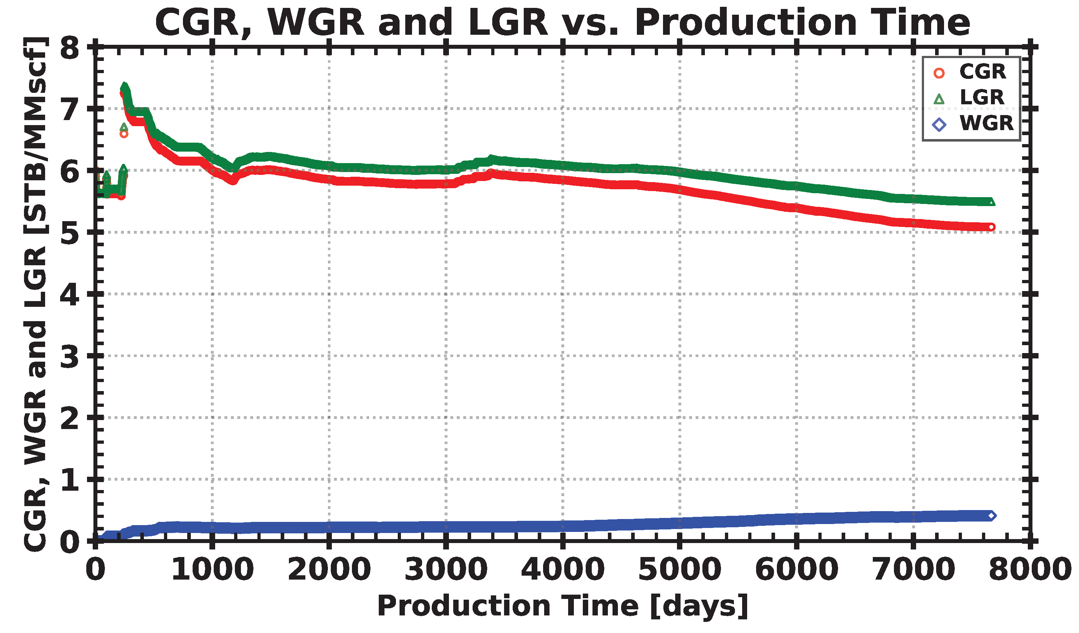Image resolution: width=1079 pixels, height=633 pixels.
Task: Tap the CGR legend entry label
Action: tap(983, 72)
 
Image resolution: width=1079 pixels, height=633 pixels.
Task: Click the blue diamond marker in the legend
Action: tap(939, 125)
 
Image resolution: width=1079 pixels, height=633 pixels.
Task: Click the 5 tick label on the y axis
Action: tap(70, 233)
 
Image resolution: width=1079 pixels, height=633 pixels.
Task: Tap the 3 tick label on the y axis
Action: tap(70, 357)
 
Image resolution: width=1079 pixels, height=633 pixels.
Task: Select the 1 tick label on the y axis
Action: tap(70, 480)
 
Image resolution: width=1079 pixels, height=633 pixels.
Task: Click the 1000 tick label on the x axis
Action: tap(213, 570)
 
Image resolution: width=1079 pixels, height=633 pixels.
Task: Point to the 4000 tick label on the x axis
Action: tap(563, 570)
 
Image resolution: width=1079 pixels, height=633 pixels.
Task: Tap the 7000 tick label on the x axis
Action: tap(913, 570)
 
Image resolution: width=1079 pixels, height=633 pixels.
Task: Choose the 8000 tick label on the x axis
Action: tap(1030, 570)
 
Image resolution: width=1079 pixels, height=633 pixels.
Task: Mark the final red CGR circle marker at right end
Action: tap(991, 227)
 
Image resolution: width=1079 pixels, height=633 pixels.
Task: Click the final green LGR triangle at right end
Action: tap(991, 202)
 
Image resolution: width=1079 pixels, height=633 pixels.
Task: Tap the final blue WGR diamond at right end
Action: tap(991, 515)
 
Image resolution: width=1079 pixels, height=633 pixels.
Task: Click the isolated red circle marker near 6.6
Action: tap(124, 134)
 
